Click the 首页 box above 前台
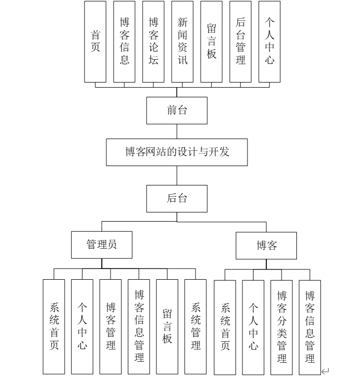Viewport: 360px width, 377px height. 95,42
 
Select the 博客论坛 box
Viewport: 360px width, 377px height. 153,42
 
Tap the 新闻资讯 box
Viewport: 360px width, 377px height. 182,42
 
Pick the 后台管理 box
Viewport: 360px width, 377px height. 240,42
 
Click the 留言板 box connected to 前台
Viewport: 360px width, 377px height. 211,42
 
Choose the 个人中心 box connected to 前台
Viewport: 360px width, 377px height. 269,42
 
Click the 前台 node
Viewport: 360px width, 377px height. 177,111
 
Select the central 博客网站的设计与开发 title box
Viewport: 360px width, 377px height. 177,152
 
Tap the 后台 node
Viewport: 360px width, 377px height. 177,198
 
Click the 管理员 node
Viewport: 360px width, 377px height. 102,245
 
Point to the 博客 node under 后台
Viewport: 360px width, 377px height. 266,246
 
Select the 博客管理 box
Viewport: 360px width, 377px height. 110,326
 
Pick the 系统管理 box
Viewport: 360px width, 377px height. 196,326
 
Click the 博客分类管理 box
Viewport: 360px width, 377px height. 282,327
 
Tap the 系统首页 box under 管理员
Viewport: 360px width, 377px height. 54,326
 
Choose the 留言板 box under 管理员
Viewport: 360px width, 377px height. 167,326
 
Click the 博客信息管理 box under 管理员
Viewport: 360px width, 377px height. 139,326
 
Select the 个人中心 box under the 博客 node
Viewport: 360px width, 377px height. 253,327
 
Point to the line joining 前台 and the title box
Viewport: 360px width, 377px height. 177,131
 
